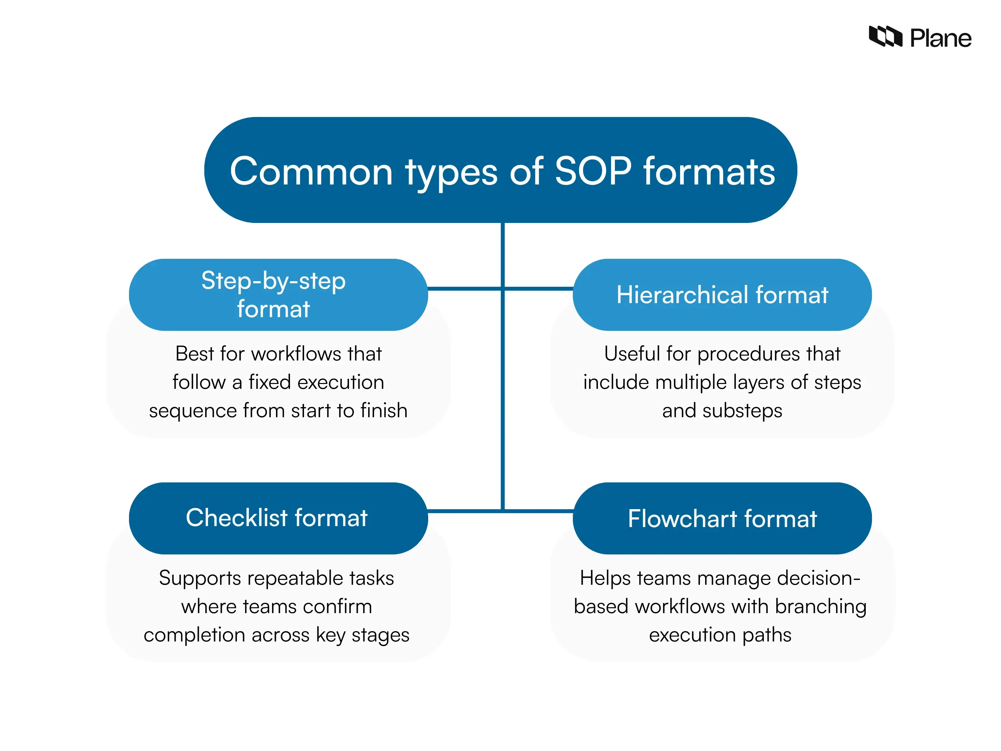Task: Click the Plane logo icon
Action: point(885,37)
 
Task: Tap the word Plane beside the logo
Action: point(940,38)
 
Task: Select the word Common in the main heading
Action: point(311,172)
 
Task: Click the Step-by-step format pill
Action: point(278,295)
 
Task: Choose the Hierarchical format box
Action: point(722,295)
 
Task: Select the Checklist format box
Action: point(278,518)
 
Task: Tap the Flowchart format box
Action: point(722,518)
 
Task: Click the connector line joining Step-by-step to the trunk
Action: point(464,288)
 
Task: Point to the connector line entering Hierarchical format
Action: point(539,288)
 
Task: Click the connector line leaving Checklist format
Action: point(464,511)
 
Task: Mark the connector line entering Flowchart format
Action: point(539,511)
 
